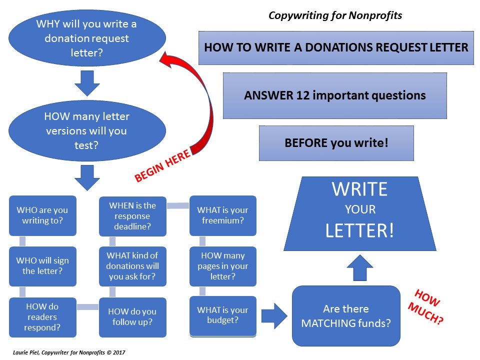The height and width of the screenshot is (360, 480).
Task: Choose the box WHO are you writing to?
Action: (42, 215)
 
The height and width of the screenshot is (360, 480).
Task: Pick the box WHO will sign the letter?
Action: (42, 266)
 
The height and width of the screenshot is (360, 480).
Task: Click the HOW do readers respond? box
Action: (42, 317)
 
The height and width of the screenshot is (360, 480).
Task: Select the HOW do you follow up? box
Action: (132, 317)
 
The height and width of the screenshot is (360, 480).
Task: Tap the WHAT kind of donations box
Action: (132, 266)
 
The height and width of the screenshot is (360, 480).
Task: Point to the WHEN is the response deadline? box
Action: (132, 215)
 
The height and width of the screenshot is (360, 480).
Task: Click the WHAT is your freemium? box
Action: (222, 215)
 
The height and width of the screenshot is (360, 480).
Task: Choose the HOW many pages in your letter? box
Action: (222, 266)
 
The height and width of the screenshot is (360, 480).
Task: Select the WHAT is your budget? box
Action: (222, 316)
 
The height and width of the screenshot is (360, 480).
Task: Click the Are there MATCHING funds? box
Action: (346, 316)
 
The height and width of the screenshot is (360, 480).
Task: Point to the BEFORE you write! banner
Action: (336, 143)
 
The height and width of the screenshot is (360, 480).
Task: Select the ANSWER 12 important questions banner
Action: (335, 95)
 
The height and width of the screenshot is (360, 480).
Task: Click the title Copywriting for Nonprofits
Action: (335, 15)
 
